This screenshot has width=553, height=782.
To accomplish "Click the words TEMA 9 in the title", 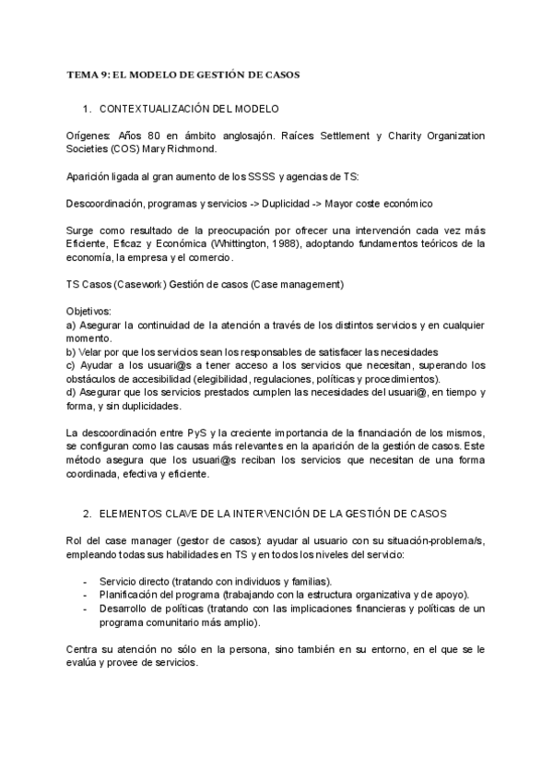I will click(x=88, y=73).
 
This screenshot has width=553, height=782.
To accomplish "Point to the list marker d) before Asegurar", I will click(x=72, y=392).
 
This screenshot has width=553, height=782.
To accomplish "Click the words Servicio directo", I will click(x=137, y=581).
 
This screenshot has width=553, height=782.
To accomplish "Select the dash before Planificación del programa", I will click(x=86, y=595).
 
